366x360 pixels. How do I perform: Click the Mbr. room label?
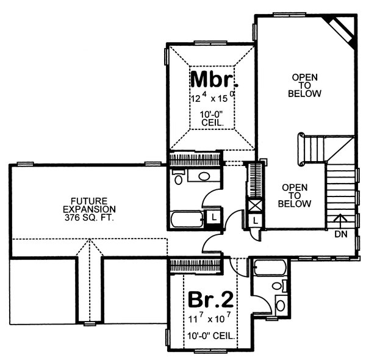point(212,79)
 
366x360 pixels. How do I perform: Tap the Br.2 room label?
point(210,300)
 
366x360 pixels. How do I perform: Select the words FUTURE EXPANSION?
point(89,204)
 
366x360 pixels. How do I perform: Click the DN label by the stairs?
point(341,232)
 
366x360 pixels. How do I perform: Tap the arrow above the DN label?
point(341,220)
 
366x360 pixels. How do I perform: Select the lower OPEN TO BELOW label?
point(295,195)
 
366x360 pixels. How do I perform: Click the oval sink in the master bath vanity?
point(204,177)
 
